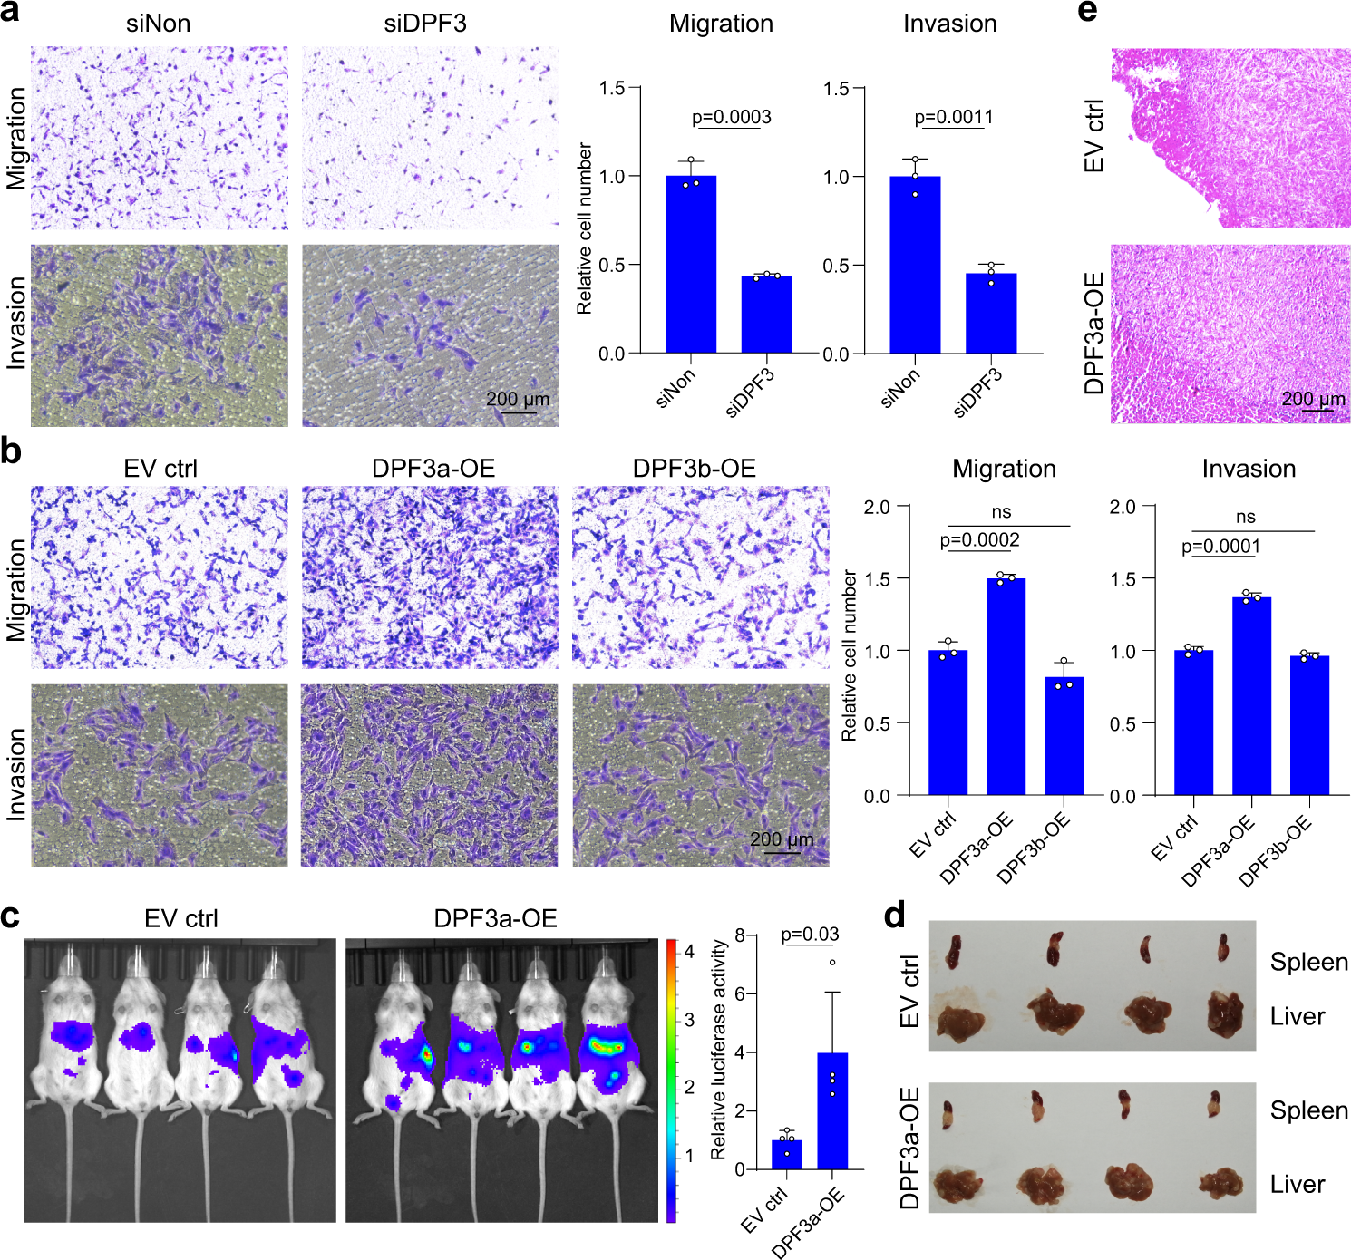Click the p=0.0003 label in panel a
(731, 117)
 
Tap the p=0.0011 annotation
(954, 117)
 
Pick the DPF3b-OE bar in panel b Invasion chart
(1309, 725)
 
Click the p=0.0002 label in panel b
(979, 540)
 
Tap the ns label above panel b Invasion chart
(1246, 517)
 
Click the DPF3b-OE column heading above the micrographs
(694, 469)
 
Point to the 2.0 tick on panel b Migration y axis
(877, 507)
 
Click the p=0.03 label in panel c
(810, 934)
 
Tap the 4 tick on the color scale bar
(689, 951)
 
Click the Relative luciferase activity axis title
(718, 1050)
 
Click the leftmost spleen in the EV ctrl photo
(954, 951)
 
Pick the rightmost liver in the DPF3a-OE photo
(1220, 1183)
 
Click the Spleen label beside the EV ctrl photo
(1308, 962)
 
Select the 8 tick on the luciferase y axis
(740, 935)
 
